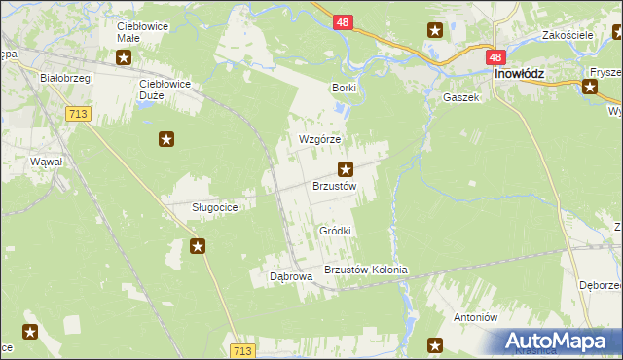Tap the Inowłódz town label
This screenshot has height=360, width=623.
518,74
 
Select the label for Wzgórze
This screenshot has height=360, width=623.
319,139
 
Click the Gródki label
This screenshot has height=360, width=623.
335,231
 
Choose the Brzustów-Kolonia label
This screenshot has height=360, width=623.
365,270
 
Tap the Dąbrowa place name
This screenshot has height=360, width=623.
290,276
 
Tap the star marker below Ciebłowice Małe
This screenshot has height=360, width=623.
124,57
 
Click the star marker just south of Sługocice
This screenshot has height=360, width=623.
198,246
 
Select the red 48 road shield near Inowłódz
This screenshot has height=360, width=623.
496,58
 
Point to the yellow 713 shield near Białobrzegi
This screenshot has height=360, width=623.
79,114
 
